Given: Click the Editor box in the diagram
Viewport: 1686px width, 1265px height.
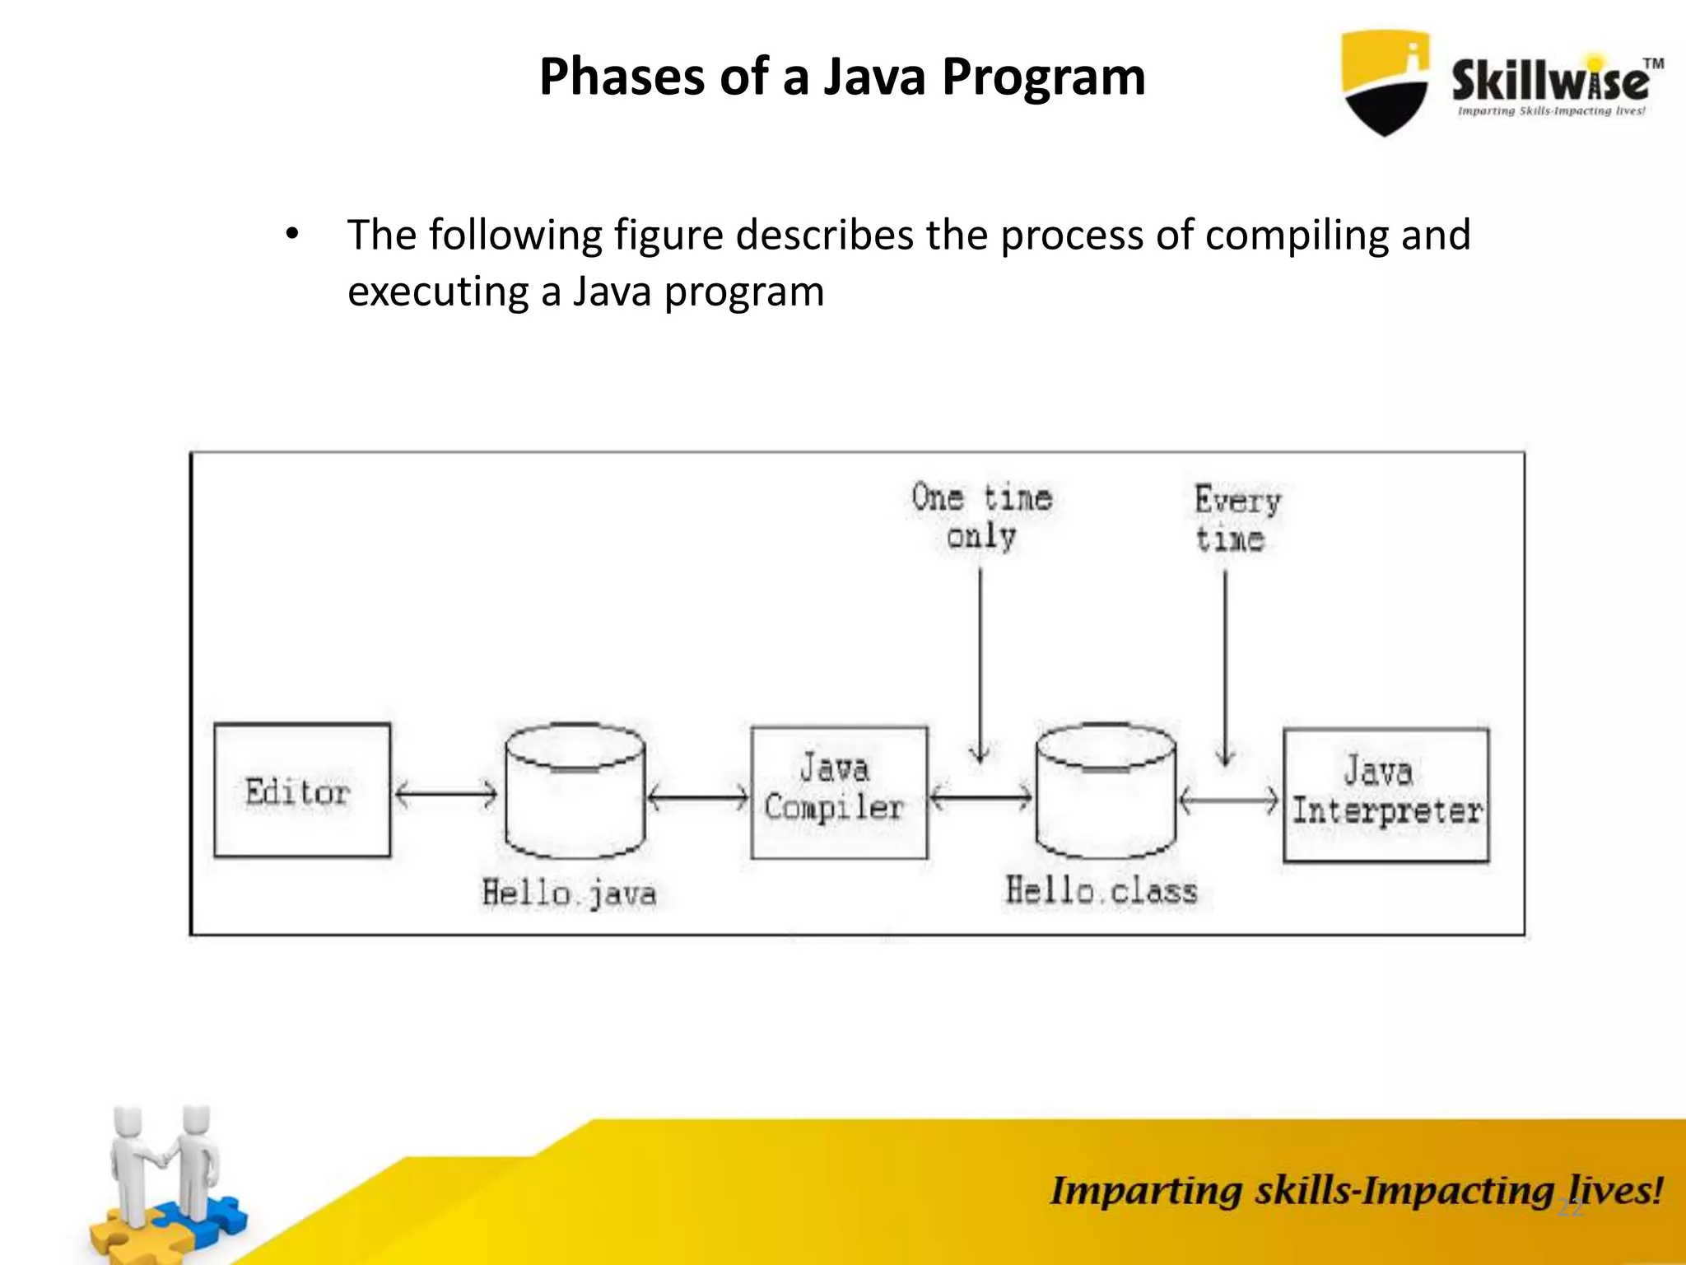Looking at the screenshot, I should click(x=301, y=791).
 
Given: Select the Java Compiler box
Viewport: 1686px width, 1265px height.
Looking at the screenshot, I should click(x=838, y=792).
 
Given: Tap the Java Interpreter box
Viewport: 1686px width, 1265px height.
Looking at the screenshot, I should click(x=1386, y=795).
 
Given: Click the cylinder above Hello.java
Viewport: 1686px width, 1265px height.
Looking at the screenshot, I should click(x=575, y=791).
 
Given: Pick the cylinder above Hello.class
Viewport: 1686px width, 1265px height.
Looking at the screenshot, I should click(x=1105, y=791).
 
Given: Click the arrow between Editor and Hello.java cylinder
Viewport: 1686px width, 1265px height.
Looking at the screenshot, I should click(x=445, y=795).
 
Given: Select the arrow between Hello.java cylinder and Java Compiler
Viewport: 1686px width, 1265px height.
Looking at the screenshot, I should click(x=697, y=797).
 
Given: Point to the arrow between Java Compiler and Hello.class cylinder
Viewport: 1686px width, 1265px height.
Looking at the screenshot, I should click(x=980, y=797).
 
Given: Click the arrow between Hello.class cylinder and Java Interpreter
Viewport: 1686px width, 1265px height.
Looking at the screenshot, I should click(x=1229, y=800).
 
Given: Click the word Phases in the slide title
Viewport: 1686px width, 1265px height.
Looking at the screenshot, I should click(x=622, y=77).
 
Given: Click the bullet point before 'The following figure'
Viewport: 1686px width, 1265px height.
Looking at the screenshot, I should click(x=292, y=236).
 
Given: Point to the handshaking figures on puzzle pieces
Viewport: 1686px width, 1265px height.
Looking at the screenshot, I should click(x=165, y=1178).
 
